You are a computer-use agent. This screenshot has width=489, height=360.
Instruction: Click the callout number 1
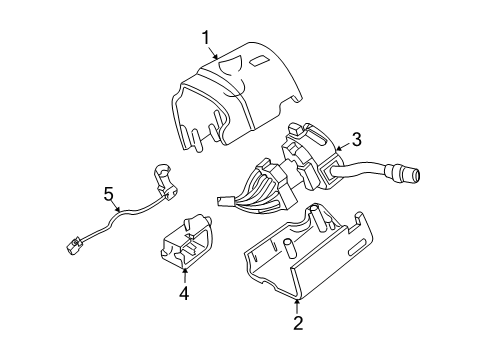click(206, 37)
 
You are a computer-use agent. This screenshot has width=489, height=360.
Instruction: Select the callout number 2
click(298, 323)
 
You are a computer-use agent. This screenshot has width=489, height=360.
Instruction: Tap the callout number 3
click(357, 139)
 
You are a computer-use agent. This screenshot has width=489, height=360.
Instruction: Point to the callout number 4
click(184, 293)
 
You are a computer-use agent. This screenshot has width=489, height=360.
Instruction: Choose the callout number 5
click(108, 194)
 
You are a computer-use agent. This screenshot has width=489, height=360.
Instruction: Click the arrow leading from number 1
click(213, 52)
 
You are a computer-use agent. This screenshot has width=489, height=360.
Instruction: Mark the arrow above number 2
click(297, 307)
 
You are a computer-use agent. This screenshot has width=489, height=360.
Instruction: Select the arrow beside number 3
click(344, 146)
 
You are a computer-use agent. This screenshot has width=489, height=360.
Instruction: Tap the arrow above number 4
click(184, 276)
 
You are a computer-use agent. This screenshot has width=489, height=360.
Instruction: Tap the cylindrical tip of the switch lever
click(407, 174)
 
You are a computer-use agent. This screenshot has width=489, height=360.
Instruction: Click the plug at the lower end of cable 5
click(73, 247)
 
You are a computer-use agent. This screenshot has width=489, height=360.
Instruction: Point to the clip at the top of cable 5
click(165, 182)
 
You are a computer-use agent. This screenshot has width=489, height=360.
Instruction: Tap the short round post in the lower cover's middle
click(289, 248)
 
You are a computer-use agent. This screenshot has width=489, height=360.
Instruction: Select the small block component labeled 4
click(187, 241)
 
